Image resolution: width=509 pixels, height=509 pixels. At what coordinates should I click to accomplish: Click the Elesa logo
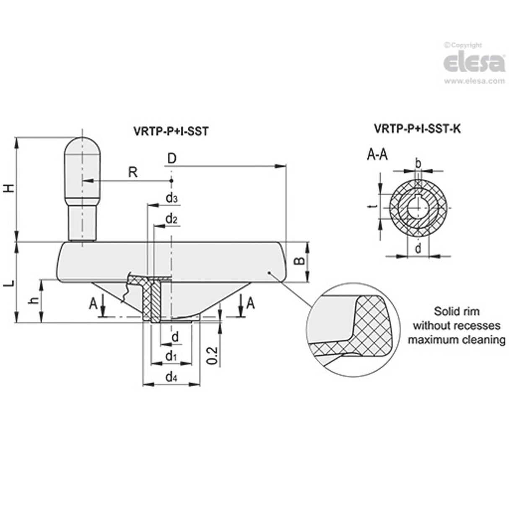[x=474, y=63]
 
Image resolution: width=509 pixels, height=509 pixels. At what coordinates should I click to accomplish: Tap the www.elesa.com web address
[x=474, y=81]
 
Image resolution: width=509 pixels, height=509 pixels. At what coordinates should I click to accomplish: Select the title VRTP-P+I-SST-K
[x=417, y=129]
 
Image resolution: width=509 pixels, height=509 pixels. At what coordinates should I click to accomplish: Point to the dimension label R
[x=132, y=172]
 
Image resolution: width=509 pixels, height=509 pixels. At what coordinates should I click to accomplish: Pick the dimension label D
[x=171, y=159]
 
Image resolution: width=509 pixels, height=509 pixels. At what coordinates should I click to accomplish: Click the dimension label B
[x=299, y=261]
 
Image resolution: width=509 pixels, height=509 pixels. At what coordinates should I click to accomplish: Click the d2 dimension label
[x=171, y=219]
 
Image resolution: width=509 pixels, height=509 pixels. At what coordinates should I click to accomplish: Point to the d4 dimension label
[x=171, y=377]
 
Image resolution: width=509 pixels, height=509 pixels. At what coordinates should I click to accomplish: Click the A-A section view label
[x=377, y=156]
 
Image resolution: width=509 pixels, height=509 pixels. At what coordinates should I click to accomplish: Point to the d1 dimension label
[x=170, y=356]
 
